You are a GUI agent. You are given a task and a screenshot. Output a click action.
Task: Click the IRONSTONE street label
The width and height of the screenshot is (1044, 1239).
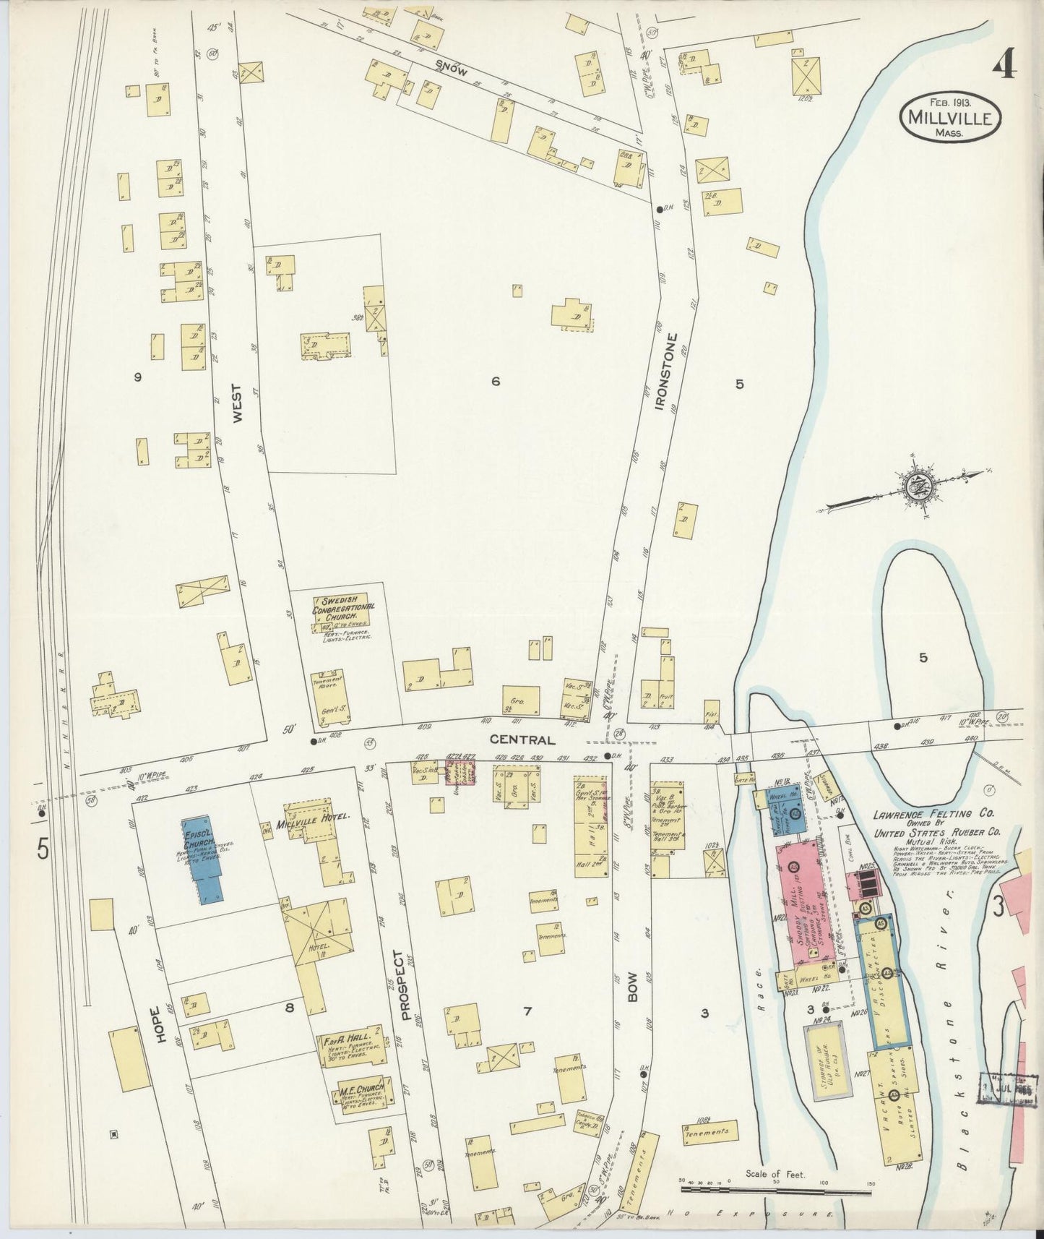point(669,372)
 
